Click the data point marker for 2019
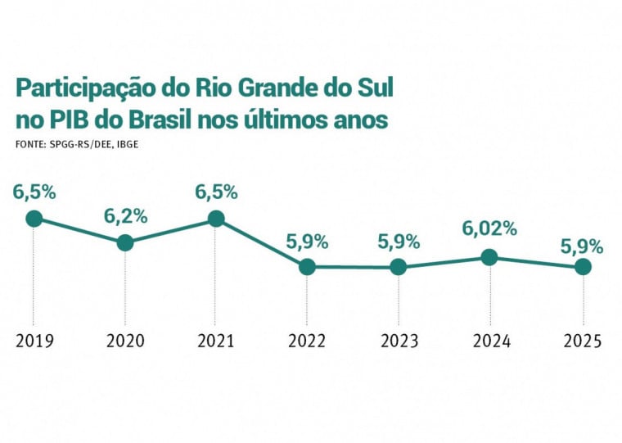coord(34,218)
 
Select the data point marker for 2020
coord(125,242)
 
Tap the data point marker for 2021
coord(216,218)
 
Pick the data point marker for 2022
coord(307,266)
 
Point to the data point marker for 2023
coord(398,266)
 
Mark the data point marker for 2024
coord(489,257)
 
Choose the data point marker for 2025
coord(582,266)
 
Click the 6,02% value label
coord(489,229)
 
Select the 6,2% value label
coord(125,216)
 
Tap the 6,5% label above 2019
coord(34,192)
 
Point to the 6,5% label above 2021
coord(216,192)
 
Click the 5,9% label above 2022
coord(307,242)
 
